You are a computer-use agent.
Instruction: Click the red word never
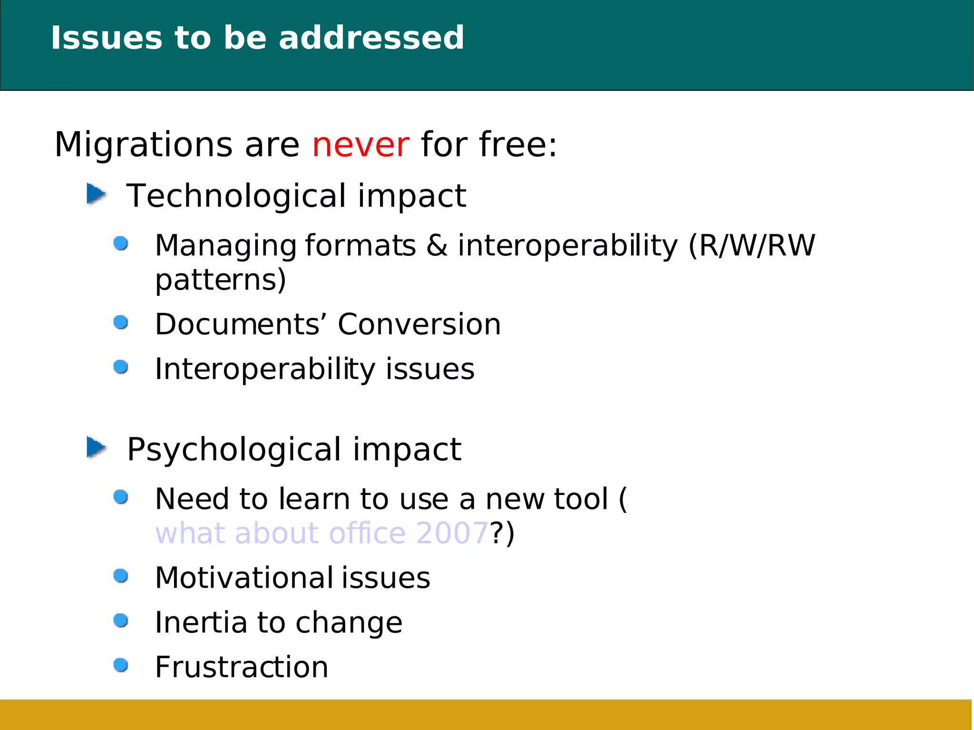click(360, 145)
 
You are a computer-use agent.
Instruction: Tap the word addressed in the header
click(371, 38)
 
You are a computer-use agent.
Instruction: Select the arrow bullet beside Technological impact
click(96, 194)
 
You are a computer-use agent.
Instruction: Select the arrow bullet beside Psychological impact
click(96, 448)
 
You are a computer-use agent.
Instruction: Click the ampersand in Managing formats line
click(437, 245)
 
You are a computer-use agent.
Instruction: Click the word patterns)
click(221, 280)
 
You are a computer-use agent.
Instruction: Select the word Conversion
click(419, 324)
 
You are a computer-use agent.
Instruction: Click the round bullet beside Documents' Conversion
click(121, 322)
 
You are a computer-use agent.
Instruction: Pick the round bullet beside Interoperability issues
click(121, 367)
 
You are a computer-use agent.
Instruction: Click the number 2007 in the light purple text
click(452, 533)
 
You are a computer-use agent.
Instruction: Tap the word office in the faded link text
click(367, 533)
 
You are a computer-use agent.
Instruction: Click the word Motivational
click(244, 578)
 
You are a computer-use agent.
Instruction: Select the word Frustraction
click(242, 667)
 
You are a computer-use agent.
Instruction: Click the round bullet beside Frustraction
click(121, 665)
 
